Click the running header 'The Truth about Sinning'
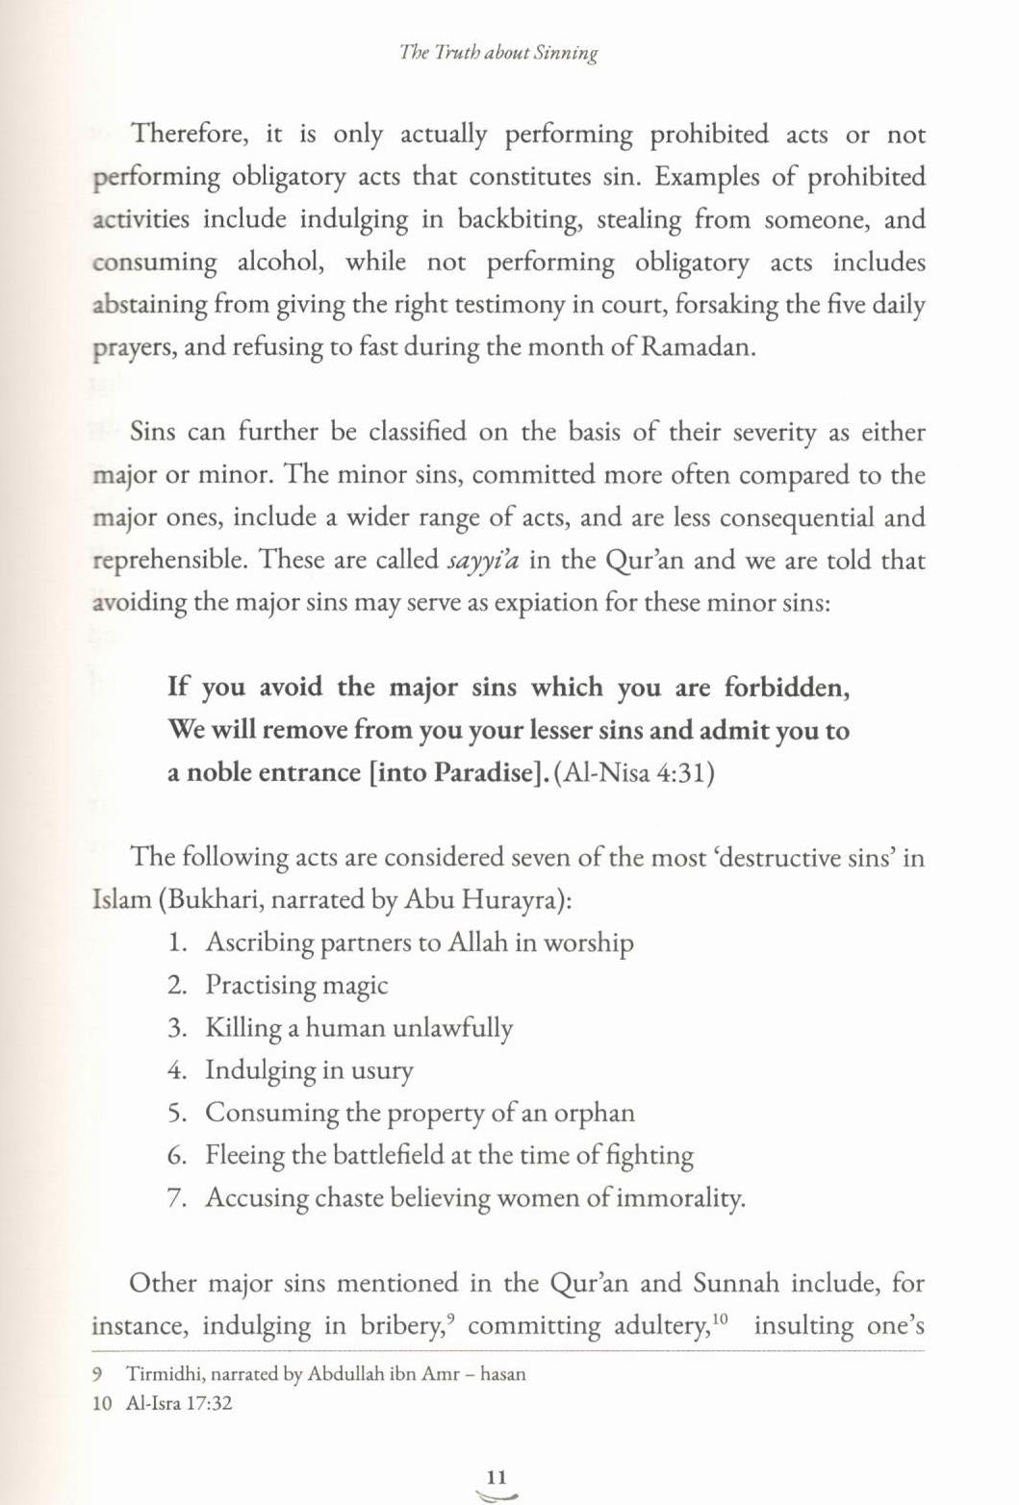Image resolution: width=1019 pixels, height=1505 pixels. pos(498,53)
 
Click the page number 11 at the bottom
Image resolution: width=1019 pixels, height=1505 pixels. pos(497,1477)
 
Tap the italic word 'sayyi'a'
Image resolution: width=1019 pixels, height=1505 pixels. pos(483,560)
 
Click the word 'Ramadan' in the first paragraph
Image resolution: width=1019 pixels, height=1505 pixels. pos(697,346)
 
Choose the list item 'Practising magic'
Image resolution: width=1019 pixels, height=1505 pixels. pos(296,985)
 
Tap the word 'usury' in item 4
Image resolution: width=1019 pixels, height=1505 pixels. pos(382,1069)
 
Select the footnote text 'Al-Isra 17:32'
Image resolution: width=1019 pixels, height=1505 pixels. pos(179,1403)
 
